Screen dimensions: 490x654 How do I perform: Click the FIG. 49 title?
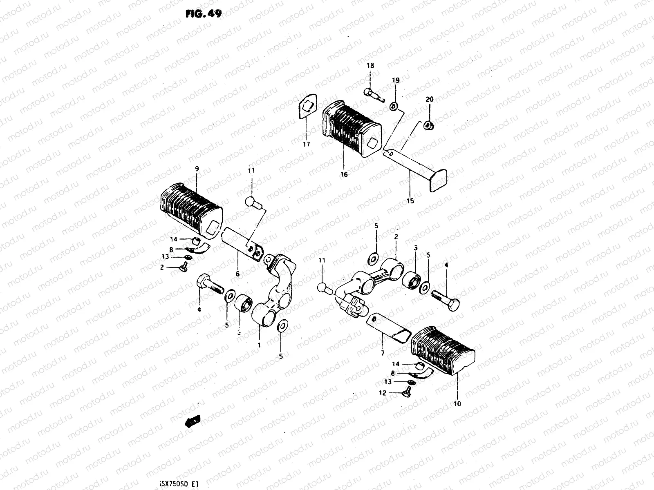[x=203, y=14]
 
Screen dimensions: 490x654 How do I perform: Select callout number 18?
[x=370, y=66]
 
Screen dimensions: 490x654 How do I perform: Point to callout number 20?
[x=429, y=99]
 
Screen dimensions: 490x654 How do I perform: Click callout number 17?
[x=306, y=144]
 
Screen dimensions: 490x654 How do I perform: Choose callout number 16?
[x=344, y=174]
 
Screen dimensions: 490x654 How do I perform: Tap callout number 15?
[x=410, y=201]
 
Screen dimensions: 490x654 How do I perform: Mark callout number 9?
[x=197, y=168]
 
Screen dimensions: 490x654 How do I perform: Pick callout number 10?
[x=457, y=404]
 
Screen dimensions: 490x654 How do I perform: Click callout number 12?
[x=382, y=393]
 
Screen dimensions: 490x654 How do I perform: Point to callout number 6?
[x=237, y=274]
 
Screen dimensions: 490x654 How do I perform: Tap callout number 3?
[x=416, y=248]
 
